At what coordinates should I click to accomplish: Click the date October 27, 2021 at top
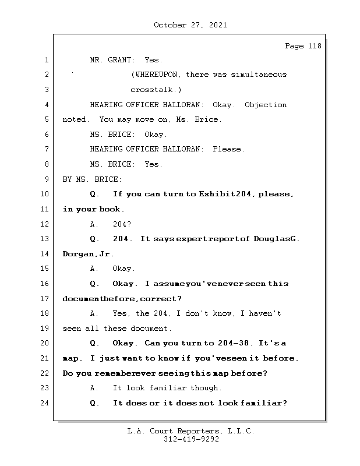pos(190,25)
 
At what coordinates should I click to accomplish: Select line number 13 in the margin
pos(45,239)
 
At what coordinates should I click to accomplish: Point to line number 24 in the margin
pos(45,403)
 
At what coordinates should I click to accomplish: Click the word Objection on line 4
pos(266,105)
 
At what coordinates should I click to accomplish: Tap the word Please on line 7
pos(227,149)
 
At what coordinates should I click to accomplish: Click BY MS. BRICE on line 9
pos(92,179)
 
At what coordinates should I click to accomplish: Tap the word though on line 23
pos(207,388)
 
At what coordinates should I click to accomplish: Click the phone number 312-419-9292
pos(191,440)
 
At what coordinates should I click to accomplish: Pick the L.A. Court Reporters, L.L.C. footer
pos(191,432)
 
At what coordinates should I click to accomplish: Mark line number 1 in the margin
pos(45,60)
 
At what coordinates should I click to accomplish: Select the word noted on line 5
pos(74,119)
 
